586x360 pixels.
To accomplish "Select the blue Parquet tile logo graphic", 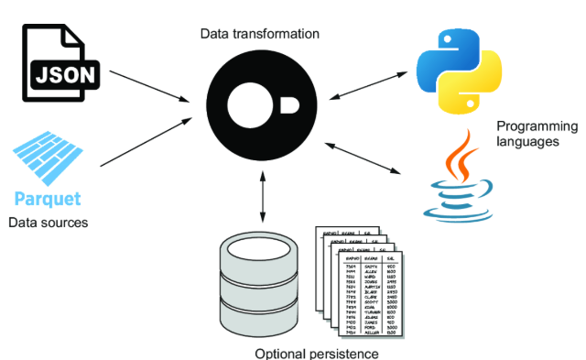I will [x=48, y=156].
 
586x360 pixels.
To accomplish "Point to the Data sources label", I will [x=47, y=223].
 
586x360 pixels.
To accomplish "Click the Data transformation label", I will [x=260, y=34].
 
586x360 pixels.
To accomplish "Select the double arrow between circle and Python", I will [x=365, y=83].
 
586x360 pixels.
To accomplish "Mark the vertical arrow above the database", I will [x=263, y=196].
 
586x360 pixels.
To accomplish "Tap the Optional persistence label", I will [x=316, y=353].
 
